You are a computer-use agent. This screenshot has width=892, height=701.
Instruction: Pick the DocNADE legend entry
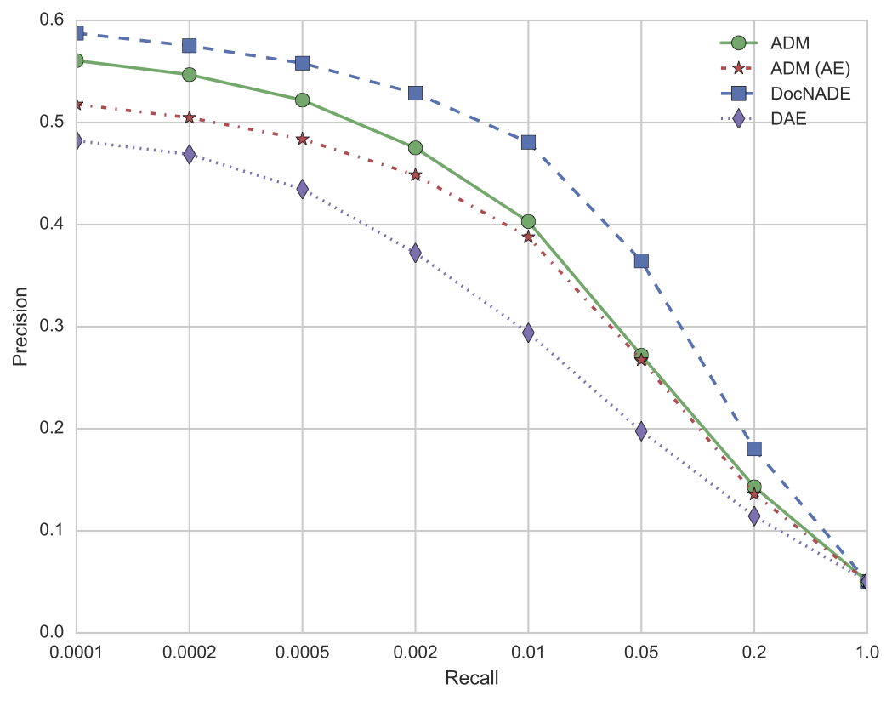click(x=803, y=93)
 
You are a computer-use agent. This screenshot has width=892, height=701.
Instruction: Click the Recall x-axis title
click(x=471, y=678)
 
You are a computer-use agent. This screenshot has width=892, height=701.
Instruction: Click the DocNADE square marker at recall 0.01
click(x=528, y=142)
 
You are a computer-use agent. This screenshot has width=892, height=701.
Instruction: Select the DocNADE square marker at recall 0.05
click(x=641, y=260)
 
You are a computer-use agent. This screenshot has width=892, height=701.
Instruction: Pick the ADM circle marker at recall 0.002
click(x=415, y=148)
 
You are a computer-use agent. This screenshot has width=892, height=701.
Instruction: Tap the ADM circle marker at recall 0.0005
click(x=302, y=100)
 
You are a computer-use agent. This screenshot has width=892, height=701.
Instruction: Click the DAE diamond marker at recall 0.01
click(x=528, y=333)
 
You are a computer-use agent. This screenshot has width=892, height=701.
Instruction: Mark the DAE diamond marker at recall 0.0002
click(x=189, y=154)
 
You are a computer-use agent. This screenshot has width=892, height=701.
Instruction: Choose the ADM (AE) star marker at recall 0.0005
click(x=302, y=139)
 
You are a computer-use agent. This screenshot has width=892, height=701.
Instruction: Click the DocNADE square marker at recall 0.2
click(x=754, y=448)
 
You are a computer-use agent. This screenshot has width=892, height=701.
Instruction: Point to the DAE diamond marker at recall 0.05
click(x=641, y=431)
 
